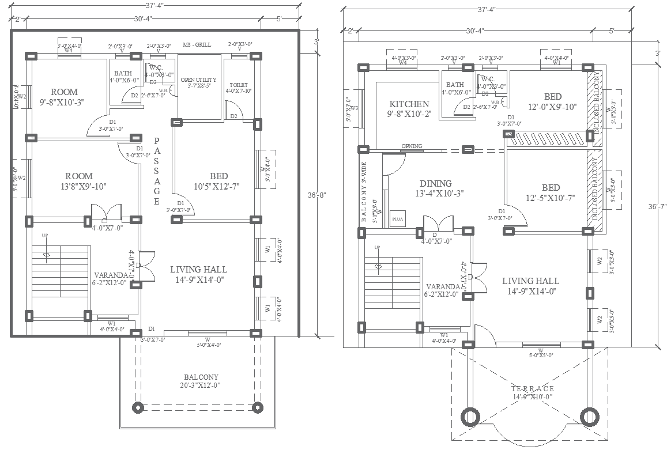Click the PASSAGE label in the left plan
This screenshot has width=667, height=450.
click(x=157, y=171)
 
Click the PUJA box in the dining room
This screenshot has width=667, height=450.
click(x=397, y=219)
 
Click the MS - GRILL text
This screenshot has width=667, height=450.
click(x=197, y=45)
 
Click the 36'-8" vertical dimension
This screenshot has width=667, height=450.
click(x=317, y=195)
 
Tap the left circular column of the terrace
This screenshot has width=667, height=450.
click(x=470, y=417)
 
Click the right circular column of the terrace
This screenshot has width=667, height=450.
click(x=588, y=417)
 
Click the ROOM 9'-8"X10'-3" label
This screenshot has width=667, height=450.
click(x=63, y=97)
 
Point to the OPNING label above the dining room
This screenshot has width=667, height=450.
click(x=412, y=146)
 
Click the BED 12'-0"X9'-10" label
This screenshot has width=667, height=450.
click(x=552, y=101)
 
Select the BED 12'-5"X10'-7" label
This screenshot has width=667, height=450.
click(x=551, y=192)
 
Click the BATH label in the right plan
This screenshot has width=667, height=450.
click(x=455, y=85)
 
